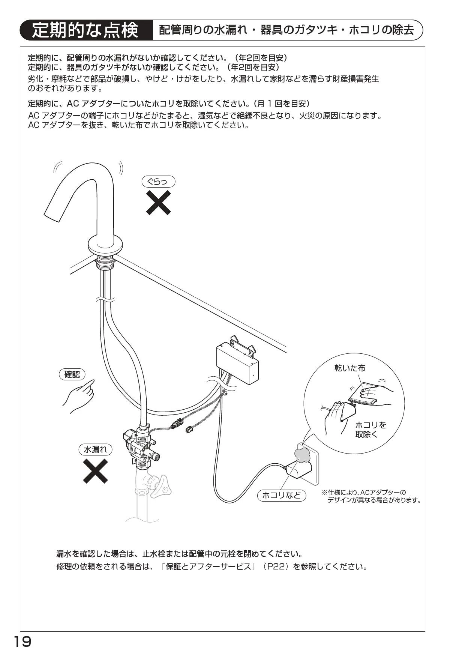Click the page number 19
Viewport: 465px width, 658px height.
pos(22,642)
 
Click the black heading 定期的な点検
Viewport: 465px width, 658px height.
pos(85,30)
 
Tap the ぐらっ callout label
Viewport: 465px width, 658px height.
pos(158,182)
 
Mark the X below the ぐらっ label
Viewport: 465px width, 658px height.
pos(158,203)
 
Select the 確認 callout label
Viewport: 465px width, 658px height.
pos(72,374)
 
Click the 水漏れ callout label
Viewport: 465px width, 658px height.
pos(95,449)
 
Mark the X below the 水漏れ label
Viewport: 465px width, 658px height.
pos(95,471)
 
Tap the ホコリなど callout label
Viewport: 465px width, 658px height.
pos(282,495)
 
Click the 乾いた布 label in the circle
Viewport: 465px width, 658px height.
pos(349,368)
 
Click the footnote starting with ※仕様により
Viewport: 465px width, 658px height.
pos(371,496)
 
